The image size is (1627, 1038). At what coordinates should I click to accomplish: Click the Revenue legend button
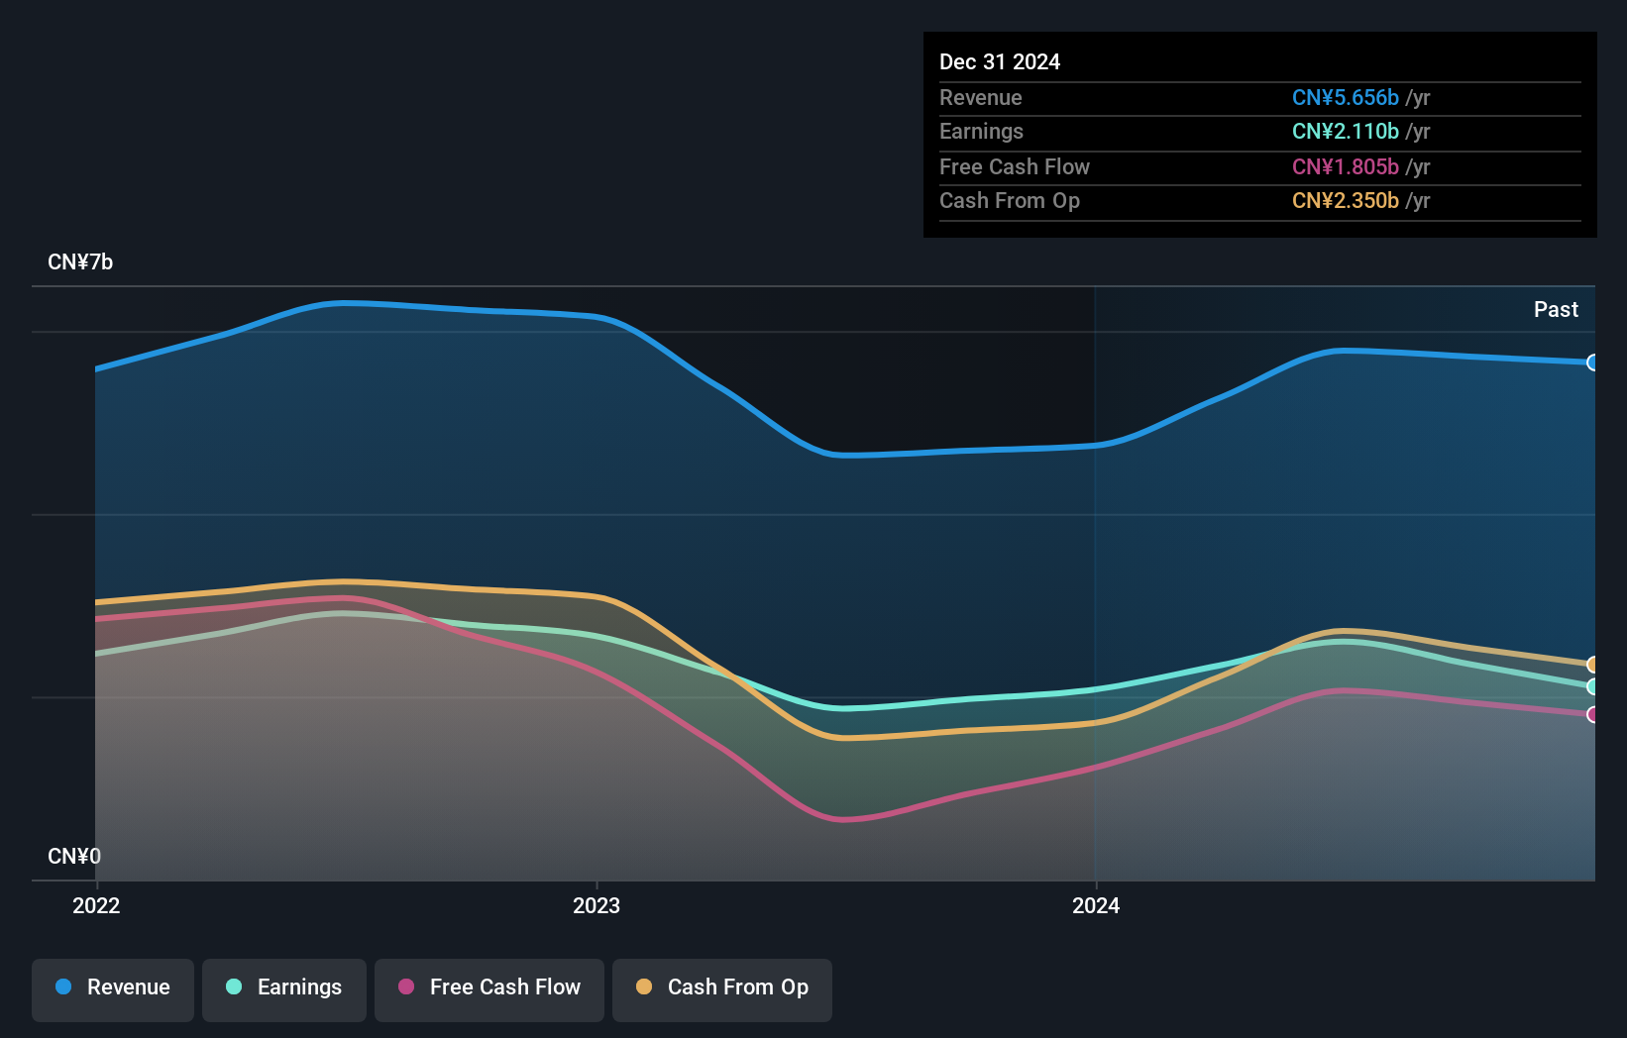point(113,988)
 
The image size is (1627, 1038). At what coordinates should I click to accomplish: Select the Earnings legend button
point(284,988)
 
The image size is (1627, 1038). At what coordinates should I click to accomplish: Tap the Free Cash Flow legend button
point(489,988)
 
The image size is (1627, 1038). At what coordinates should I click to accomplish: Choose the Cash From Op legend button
point(722,988)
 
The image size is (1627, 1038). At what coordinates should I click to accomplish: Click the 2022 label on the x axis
point(96,905)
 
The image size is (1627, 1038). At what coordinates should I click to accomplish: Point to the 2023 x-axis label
point(597,905)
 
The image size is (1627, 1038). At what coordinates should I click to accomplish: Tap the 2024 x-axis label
point(1096,905)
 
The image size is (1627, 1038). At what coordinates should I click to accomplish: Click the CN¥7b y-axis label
point(80,262)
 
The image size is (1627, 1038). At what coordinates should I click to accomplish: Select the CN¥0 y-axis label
point(74,856)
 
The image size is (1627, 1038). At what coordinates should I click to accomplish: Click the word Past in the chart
point(1556,310)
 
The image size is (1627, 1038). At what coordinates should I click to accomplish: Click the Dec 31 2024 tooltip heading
point(1000,62)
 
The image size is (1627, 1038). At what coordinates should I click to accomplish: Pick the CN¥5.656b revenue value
point(1345,98)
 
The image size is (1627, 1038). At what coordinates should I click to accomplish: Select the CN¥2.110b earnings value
point(1345,132)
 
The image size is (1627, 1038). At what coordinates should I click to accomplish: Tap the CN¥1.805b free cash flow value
point(1345,167)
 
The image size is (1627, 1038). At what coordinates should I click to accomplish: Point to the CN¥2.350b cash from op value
point(1345,201)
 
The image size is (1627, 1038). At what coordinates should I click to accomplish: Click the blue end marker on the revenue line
point(1592,363)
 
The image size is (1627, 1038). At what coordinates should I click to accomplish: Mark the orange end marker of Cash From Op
point(1592,665)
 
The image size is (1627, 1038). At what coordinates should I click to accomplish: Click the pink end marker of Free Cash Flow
point(1592,714)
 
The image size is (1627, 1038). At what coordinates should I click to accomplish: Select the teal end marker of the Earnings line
point(1592,686)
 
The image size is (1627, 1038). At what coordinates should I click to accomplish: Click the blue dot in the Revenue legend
point(63,987)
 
